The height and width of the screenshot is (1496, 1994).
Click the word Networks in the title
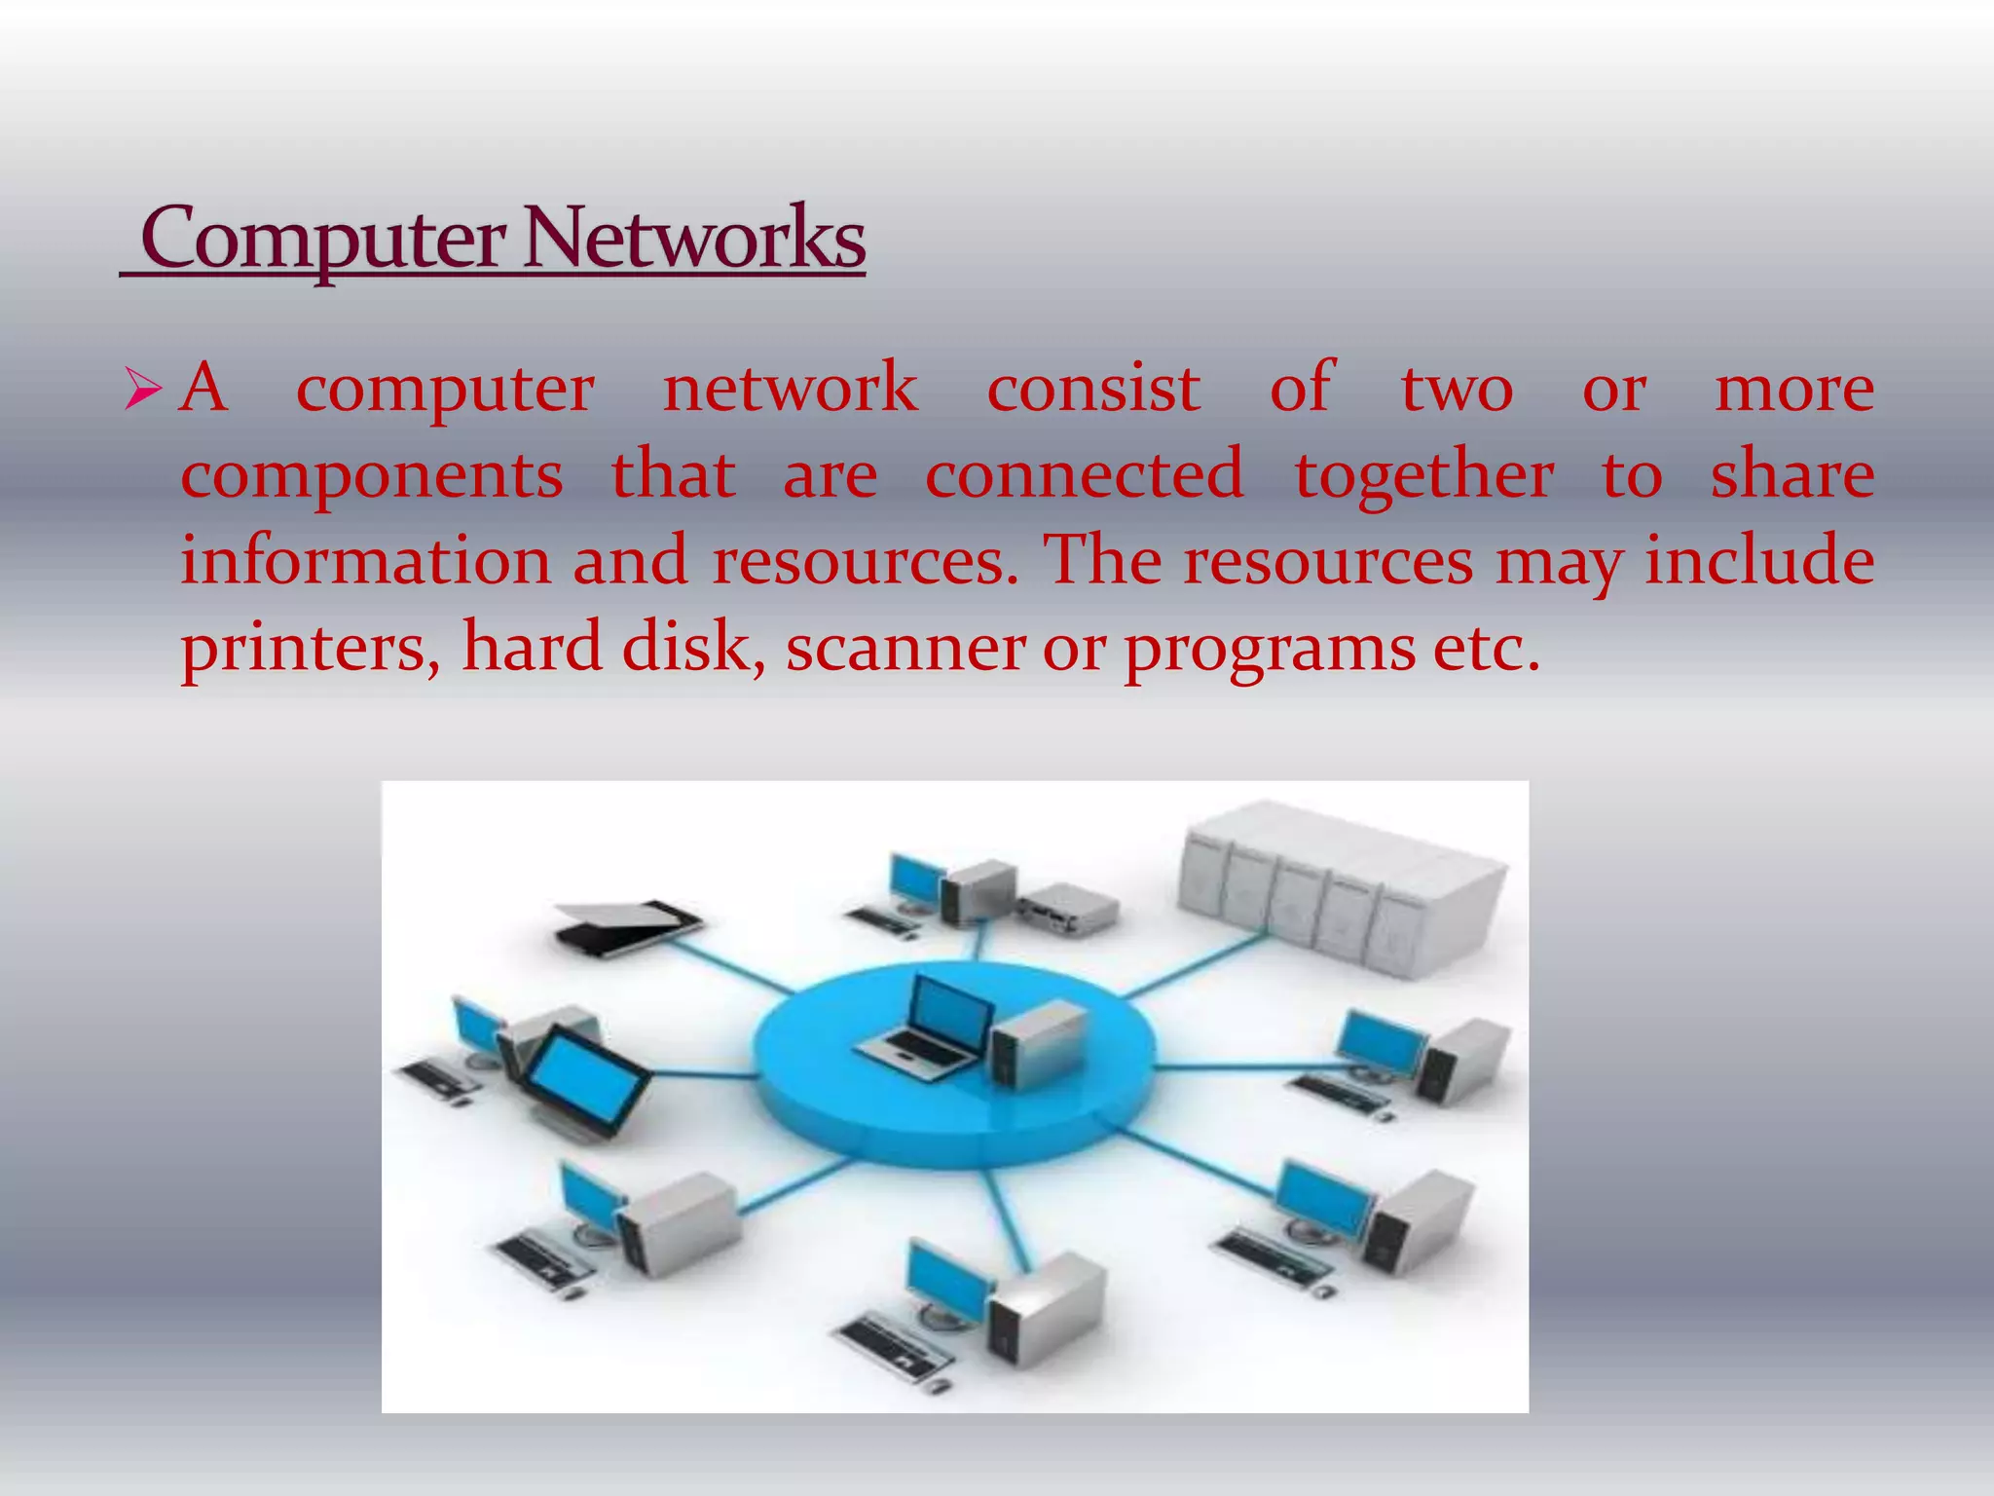pos(695,240)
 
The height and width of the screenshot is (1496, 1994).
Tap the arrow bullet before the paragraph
pos(144,391)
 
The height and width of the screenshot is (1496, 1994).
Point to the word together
pos(1423,476)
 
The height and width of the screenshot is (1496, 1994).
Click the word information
pos(366,562)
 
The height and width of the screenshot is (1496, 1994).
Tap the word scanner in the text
pos(905,649)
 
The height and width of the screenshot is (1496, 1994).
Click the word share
pos(1791,476)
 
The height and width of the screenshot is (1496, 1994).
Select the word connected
pos(1085,476)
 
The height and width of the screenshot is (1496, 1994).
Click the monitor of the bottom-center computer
pos(944,1279)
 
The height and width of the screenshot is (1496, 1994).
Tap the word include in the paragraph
pos(1759,562)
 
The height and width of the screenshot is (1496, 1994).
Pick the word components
pos(372,476)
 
